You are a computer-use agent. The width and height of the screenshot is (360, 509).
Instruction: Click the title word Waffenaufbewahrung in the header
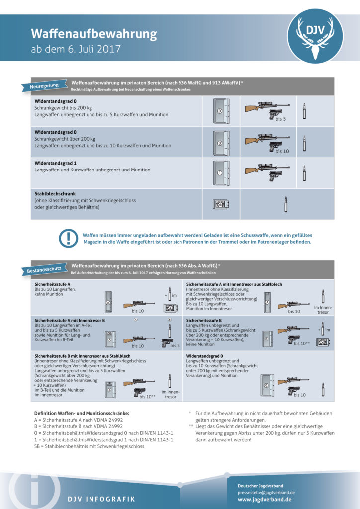pos(94,34)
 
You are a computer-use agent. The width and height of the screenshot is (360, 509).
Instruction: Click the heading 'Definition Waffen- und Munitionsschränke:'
pos(82,414)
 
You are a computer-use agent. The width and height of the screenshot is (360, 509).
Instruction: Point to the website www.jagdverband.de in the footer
pos(264,499)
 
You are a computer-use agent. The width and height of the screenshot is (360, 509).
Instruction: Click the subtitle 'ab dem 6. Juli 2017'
pos(75,49)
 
